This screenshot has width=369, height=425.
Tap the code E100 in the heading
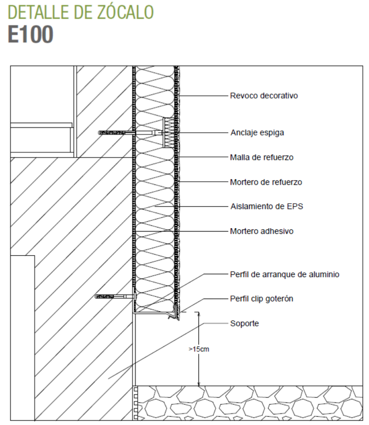[x=31, y=35]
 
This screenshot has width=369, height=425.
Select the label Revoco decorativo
[x=263, y=96]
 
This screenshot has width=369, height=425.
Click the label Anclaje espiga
[x=257, y=132]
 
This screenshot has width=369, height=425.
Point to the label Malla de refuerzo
[x=260, y=156]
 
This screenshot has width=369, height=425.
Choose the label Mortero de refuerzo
[x=266, y=182]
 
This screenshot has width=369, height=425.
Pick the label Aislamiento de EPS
[x=266, y=206]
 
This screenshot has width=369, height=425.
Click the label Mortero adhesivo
[x=262, y=231]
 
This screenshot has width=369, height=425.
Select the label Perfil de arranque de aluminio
[x=284, y=274]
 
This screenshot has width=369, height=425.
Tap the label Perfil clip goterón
[x=262, y=299]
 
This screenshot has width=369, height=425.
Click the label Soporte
[x=244, y=323]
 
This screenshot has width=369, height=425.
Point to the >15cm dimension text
[x=198, y=349]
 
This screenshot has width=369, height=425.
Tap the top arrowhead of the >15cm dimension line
[x=198, y=314]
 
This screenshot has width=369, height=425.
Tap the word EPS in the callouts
[x=293, y=206]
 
